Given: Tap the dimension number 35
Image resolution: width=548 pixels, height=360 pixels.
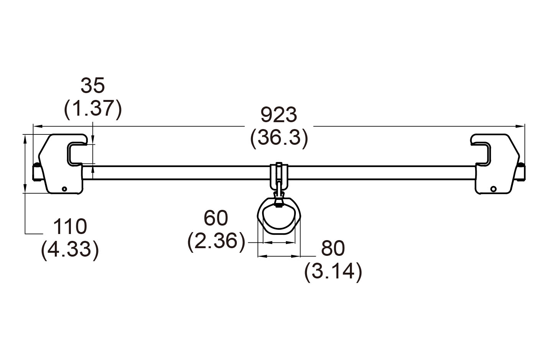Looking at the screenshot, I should (92, 86).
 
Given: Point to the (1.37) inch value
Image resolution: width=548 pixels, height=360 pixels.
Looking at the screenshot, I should (93, 109).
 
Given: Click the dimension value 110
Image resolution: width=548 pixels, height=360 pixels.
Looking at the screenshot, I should (70, 227).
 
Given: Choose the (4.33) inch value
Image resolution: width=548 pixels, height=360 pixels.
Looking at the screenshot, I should (70, 250).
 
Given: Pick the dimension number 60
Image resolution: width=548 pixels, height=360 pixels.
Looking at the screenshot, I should (216, 218).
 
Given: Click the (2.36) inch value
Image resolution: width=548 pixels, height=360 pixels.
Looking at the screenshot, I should (216, 241).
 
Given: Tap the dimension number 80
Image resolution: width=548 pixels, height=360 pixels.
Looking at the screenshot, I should (333, 249).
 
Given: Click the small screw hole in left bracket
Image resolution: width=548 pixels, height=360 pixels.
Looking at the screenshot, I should (64, 189).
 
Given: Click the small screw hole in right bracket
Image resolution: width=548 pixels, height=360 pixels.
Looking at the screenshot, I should (493, 188).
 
